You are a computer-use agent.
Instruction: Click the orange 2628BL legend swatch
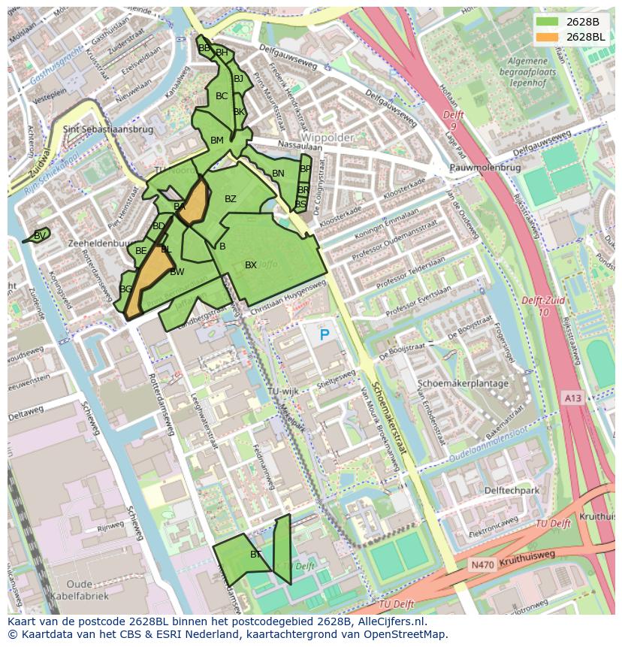[x=547, y=37]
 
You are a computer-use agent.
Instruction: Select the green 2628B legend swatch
[x=547, y=22]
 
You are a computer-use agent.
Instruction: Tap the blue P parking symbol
[x=325, y=335]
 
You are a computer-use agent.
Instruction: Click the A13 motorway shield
[x=572, y=398]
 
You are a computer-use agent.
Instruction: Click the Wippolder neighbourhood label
[x=328, y=138]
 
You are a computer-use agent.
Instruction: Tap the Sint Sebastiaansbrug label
[x=108, y=129]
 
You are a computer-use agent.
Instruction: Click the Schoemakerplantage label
[x=463, y=383]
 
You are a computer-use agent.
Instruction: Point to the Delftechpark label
[x=512, y=491]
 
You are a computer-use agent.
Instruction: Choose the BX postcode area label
[x=251, y=265]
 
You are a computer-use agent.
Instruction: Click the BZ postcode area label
[x=231, y=199]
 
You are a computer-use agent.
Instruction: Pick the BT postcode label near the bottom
[x=255, y=555]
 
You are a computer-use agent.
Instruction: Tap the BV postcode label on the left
[x=40, y=235]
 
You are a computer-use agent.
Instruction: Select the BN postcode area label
[x=278, y=174]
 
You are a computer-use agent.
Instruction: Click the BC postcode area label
[x=222, y=96]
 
